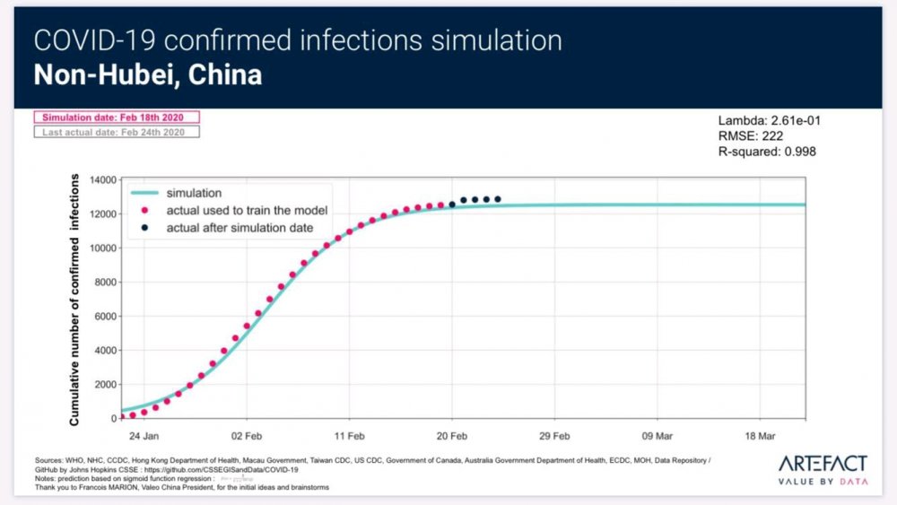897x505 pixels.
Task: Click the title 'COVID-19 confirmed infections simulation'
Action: (298, 40)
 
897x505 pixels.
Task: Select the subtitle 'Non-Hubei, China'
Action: (148, 74)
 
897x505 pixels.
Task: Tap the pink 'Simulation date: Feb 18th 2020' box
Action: (117, 118)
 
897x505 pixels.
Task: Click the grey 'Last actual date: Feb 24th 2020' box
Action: (117, 132)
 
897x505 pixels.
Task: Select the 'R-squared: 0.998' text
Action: (767, 152)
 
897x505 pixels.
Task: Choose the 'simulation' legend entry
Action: (195, 193)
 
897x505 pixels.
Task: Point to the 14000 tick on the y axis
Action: (100, 180)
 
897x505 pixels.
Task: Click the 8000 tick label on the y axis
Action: (102, 283)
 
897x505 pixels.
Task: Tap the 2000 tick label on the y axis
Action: (102, 385)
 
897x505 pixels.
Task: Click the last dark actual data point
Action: (498, 199)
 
